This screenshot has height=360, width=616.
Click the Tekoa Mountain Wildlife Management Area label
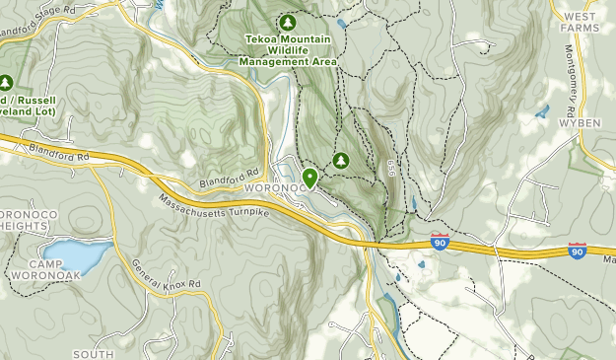point(288,50)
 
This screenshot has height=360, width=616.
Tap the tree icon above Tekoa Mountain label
point(288,22)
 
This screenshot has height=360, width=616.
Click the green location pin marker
point(310,178)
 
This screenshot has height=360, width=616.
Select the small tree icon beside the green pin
point(341,160)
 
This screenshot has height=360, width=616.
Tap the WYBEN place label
point(580,122)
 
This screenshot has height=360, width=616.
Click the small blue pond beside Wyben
point(541,111)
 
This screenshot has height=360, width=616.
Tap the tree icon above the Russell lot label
point(5,83)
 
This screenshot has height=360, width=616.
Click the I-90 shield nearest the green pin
point(440,241)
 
